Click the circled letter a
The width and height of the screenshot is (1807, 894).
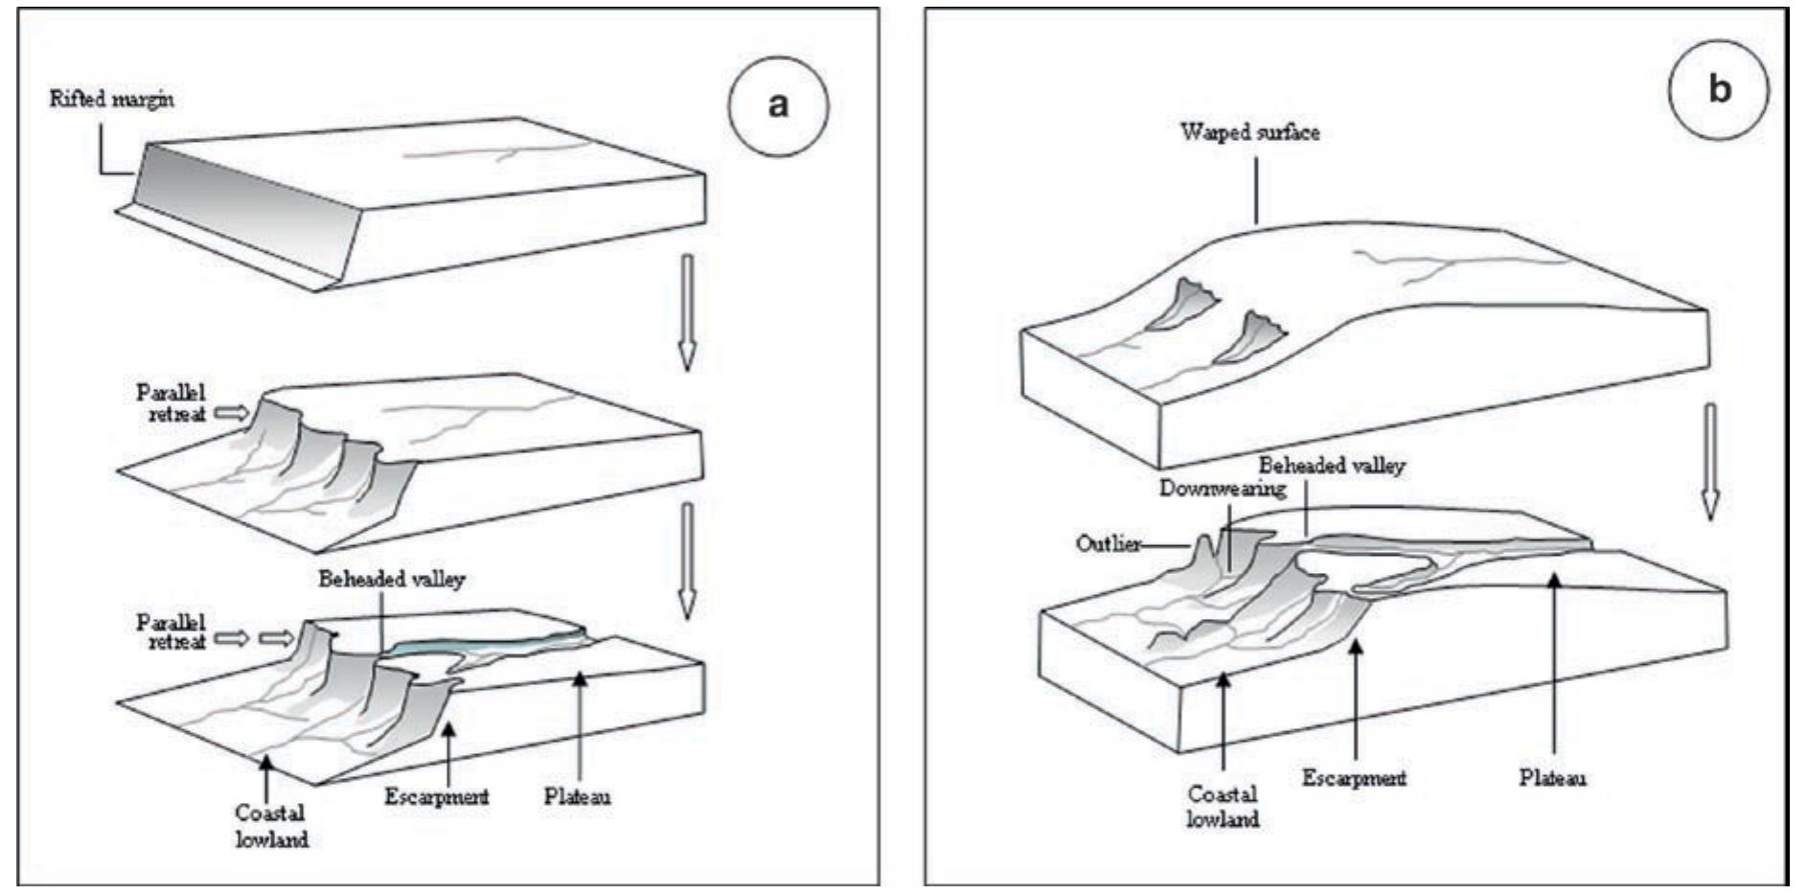777,103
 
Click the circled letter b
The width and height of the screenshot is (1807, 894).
1719,88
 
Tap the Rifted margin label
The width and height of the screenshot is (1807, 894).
112,99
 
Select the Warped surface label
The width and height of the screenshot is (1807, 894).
1249,132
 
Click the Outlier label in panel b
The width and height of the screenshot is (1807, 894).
1108,544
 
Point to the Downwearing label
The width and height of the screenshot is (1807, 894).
1223,489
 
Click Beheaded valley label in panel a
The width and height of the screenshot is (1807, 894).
392,579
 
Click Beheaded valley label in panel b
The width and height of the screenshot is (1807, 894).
1332,466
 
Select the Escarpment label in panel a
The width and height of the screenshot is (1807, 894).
437,796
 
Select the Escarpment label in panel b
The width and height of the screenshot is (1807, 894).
1354,777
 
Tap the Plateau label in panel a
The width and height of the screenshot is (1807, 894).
578,796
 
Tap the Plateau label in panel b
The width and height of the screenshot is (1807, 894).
1552,777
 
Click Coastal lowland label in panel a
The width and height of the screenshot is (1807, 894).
272,826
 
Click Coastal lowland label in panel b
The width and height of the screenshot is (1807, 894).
1223,806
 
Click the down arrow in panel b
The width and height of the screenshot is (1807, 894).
1709,460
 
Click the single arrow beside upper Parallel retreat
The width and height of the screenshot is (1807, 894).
231,413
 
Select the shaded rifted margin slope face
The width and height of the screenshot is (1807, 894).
249,216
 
